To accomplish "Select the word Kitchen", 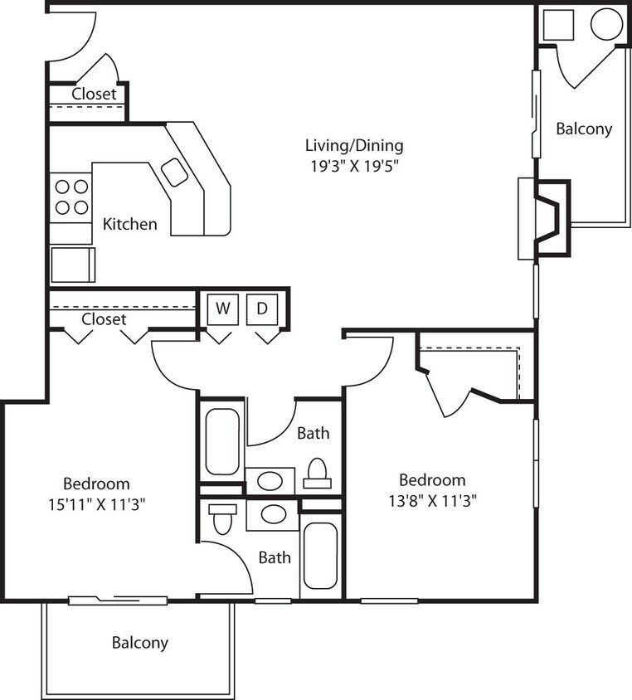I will coord(129,224).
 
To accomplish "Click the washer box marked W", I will coord(222,309).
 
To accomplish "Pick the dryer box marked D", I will coord(261,309).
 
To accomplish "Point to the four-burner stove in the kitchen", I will coord(71,197).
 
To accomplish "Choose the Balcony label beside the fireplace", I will coord(584,129).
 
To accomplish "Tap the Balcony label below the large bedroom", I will coord(140,642).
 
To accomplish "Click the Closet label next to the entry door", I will coord(93,94).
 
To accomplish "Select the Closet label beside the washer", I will coord(104,318).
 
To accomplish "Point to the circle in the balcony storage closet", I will coord(606,24).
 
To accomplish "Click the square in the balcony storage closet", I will coord(557,24).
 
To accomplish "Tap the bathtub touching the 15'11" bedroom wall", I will coord(221,441).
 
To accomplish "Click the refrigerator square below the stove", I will coord(71,265).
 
